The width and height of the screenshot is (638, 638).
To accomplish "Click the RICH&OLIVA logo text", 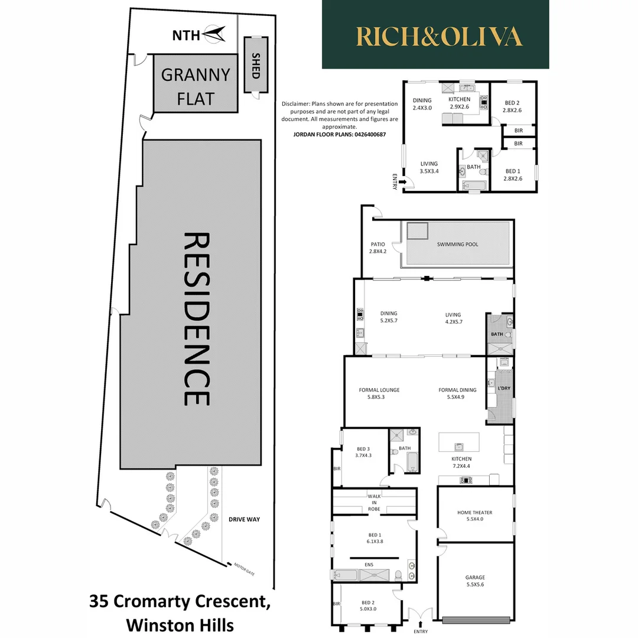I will pyautogui.click(x=439, y=37).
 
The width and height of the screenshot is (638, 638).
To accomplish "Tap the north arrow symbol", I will pyautogui.click(x=213, y=34).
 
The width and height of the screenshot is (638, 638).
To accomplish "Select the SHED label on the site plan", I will pyautogui.click(x=256, y=64).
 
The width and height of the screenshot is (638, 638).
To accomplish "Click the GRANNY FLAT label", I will pyautogui.click(x=196, y=86).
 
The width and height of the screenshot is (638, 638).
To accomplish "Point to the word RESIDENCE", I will pyautogui.click(x=197, y=319).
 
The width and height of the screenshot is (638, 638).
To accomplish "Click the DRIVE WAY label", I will pyautogui.click(x=244, y=520).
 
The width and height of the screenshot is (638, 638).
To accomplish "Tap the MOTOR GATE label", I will pyautogui.click(x=243, y=568).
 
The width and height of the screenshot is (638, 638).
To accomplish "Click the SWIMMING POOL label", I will pyautogui.click(x=457, y=244).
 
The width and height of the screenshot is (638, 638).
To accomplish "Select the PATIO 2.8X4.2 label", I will pyautogui.click(x=377, y=248).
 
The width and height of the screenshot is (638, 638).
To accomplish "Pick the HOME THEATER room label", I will pyautogui.click(x=474, y=516).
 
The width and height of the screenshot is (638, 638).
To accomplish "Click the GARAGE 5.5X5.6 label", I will pyautogui.click(x=474, y=581).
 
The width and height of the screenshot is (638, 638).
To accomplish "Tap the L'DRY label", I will pyautogui.click(x=504, y=388).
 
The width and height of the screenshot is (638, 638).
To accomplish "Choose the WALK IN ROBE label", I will pyautogui.click(x=373, y=502).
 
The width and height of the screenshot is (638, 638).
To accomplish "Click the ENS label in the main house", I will pyautogui.click(x=369, y=565).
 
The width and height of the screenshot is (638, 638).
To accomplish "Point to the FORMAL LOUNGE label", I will pyautogui.click(x=379, y=393).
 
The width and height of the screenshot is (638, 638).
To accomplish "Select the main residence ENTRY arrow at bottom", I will pyautogui.click(x=421, y=621).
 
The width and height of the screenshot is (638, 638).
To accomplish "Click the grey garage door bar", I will pyautogui.click(x=475, y=620).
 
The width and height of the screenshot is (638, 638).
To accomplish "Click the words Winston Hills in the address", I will pyautogui.click(x=180, y=624).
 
